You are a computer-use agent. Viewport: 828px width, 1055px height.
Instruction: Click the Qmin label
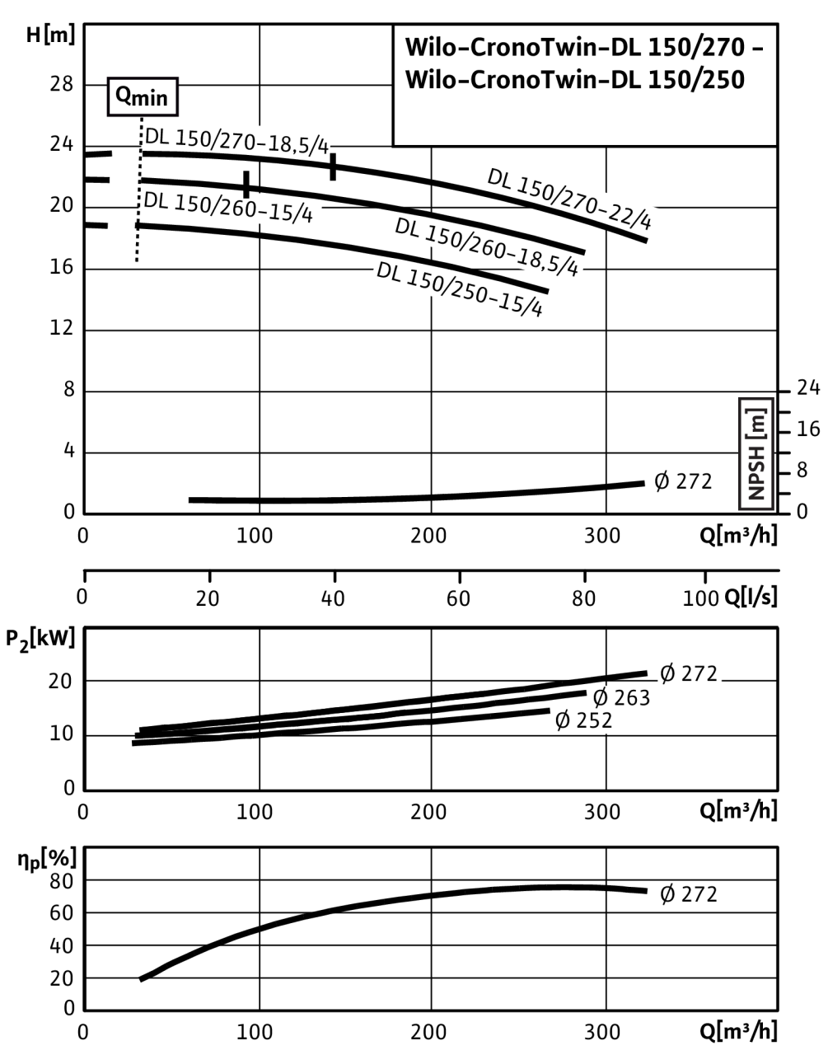pyautogui.click(x=142, y=98)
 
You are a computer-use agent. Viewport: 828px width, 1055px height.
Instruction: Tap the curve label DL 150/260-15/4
pyautogui.click(x=229, y=206)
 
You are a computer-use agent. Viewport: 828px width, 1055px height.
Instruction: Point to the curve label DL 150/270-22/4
pyautogui.click(x=574, y=198)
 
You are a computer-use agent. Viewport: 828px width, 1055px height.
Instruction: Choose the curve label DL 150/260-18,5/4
pyautogui.click(x=489, y=247)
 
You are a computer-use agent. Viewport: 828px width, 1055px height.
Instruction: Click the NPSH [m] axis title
pyautogui.click(x=756, y=453)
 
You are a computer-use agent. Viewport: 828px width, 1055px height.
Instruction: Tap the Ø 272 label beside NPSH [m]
pyautogui.click(x=683, y=481)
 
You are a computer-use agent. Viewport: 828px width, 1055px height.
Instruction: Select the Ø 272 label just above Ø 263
pyautogui.click(x=690, y=673)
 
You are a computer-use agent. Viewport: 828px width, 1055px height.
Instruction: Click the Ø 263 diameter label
pyautogui.click(x=622, y=698)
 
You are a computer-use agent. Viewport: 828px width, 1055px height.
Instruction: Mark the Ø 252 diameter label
pyautogui.click(x=584, y=721)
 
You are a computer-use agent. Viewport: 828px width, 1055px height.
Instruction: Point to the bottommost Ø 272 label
pyautogui.click(x=689, y=894)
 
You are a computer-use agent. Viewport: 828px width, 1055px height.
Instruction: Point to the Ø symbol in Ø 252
pyautogui.click(x=564, y=721)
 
